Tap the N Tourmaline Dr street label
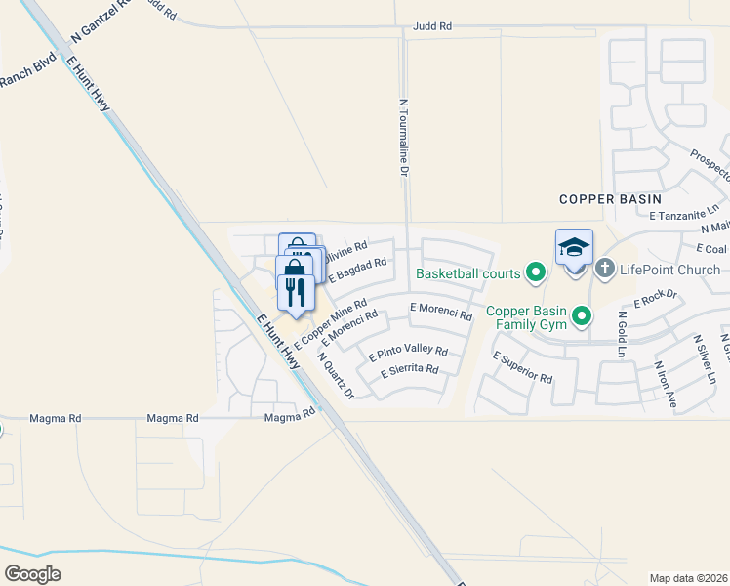pos(402,136)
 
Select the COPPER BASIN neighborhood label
pos(610,199)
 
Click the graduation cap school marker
pos(575,248)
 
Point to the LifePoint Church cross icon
pos(604,268)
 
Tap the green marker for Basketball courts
pos(535,272)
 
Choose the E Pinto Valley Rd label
pos(408,353)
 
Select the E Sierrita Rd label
pos(410,371)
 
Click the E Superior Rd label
pos(522,367)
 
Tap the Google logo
pos(32,573)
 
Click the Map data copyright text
pos(689,578)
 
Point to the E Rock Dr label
pos(655,297)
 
